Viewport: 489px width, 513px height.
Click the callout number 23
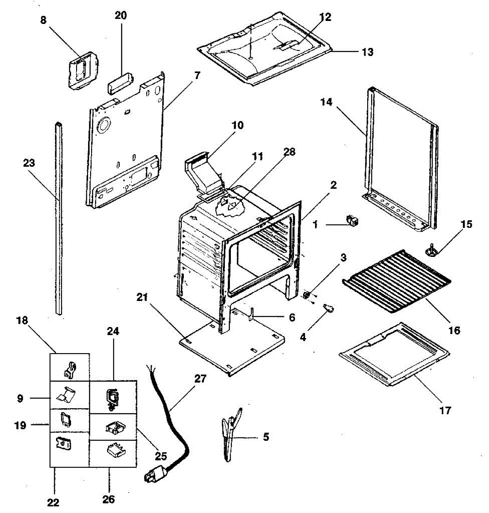29,163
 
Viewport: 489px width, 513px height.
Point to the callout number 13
367,52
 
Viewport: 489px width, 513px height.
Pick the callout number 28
289,152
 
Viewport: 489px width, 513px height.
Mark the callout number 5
265,437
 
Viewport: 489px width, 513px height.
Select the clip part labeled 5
231,434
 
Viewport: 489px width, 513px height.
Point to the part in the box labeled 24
112,398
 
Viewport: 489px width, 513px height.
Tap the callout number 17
445,410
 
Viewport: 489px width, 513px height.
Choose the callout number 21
142,297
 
